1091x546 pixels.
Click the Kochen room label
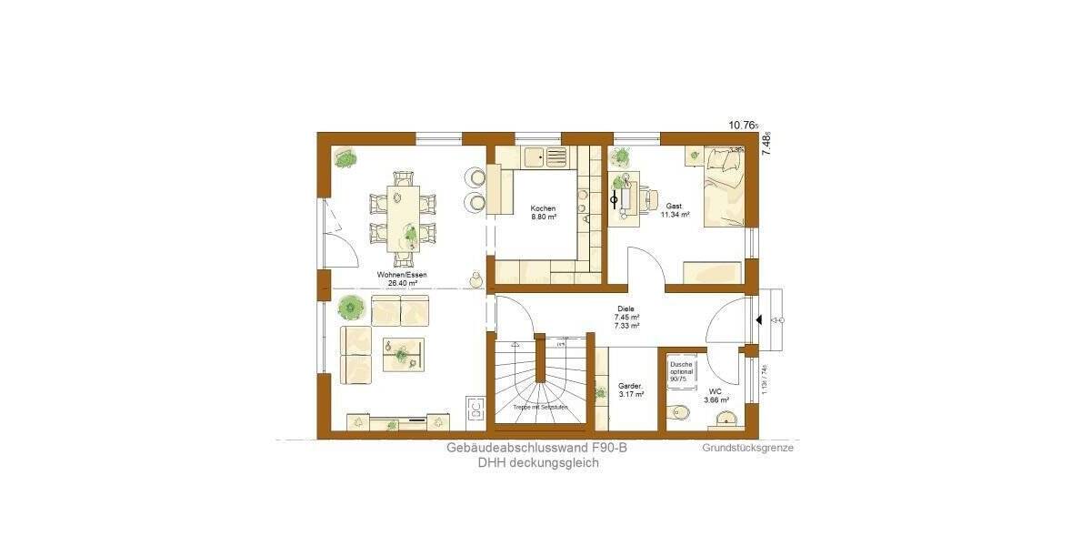(x=543, y=208)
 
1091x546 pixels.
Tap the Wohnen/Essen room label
(x=402, y=275)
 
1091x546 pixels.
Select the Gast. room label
(x=675, y=207)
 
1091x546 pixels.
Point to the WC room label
(x=716, y=393)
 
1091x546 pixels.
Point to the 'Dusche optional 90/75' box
(x=681, y=372)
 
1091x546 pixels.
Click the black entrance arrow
(x=758, y=320)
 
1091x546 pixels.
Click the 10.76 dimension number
(x=743, y=126)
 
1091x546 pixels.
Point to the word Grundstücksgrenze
(x=748, y=448)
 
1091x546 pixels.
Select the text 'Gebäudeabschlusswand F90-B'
(x=537, y=448)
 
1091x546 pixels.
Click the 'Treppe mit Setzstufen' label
(x=540, y=407)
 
